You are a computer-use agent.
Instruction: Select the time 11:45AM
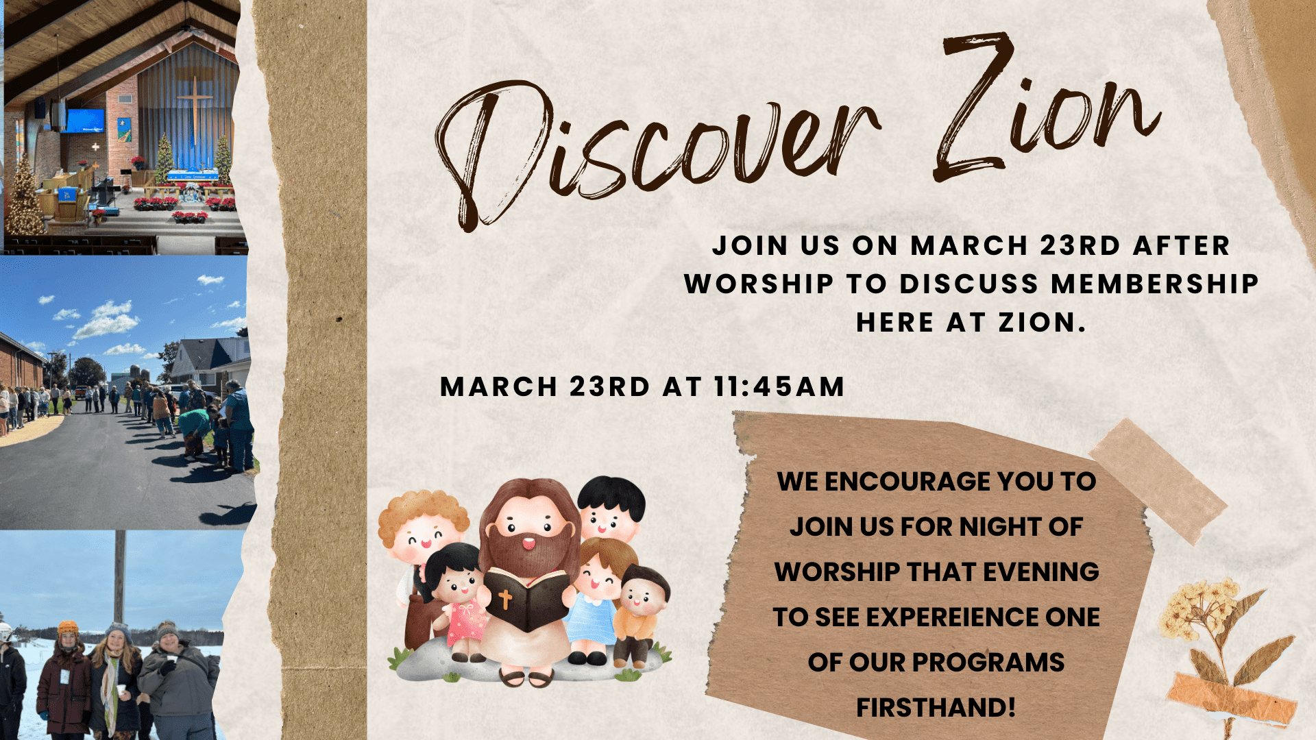point(779,387)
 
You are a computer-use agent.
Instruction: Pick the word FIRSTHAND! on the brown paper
point(936,708)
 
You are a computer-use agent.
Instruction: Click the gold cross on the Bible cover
point(506,599)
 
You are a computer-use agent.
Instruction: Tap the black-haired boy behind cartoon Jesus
point(610,510)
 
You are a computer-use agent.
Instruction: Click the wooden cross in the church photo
point(195,110)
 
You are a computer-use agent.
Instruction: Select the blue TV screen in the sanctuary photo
point(85,121)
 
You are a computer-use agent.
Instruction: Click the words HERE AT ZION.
point(971,322)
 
